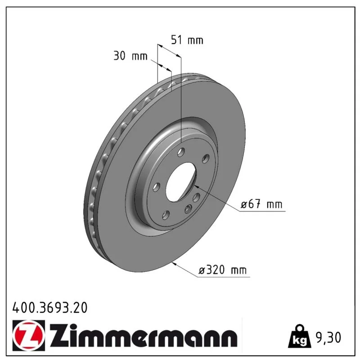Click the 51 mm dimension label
pos(187,40)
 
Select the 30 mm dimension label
pos(130,56)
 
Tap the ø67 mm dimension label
pos(261,204)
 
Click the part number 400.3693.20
pos(50,308)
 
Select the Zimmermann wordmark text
pos(143,336)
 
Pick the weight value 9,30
pos(328,337)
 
